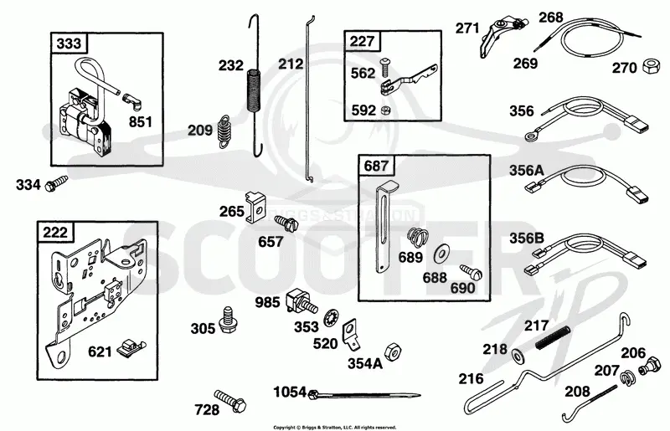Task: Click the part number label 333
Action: click(x=69, y=44)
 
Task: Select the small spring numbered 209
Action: click(x=224, y=131)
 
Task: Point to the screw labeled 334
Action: click(x=56, y=182)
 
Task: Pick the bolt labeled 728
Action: click(x=229, y=399)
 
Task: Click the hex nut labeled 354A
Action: click(x=393, y=351)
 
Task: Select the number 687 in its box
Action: click(x=376, y=166)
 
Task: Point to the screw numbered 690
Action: click(x=471, y=272)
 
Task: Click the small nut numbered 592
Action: click(x=384, y=110)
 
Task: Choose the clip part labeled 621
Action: click(x=131, y=347)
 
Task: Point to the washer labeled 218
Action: click(x=518, y=356)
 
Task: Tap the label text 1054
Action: click(x=290, y=392)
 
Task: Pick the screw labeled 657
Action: click(x=286, y=223)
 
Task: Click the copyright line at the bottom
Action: click(x=334, y=427)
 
